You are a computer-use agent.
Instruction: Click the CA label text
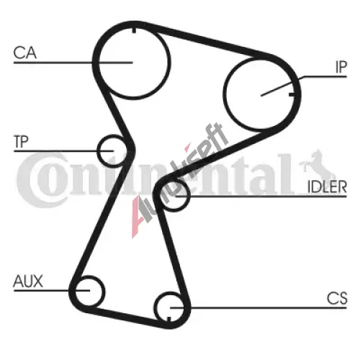[x=25, y=53]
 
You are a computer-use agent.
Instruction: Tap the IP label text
[x=341, y=67]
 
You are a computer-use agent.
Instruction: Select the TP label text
[x=22, y=142]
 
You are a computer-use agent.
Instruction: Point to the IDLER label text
[x=327, y=186]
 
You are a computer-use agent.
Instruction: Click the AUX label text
[x=28, y=281]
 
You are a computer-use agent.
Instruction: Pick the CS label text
[x=337, y=298]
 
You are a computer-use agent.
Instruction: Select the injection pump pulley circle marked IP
[x=225, y=94]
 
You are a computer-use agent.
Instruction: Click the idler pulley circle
[x=189, y=196]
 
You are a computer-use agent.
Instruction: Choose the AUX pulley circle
[x=104, y=291]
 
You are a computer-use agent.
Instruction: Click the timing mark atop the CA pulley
[x=134, y=30]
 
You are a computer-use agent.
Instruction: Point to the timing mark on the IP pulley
[x=292, y=94]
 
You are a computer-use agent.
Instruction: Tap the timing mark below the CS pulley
[x=168, y=319]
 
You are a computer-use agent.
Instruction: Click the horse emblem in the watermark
[x=317, y=163]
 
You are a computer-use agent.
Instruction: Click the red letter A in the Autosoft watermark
[x=138, y=216]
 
